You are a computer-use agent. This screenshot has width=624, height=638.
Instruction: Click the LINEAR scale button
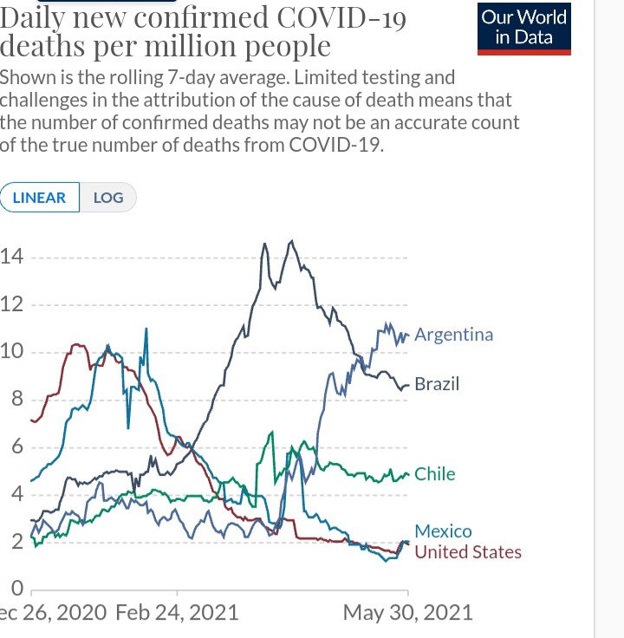[x=40, y=198]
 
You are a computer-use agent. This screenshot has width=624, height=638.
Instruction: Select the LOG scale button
[x=108, y=198]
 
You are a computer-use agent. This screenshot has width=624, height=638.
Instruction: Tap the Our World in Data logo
[x=524, y=28]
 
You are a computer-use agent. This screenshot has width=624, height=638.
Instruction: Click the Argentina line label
[x=453, y=335]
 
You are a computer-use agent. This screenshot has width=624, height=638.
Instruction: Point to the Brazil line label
[x=437, y=384]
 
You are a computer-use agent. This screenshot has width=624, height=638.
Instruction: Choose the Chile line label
[x=434, y=474]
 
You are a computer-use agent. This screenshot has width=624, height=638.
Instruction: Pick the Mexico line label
[x=443, y=531]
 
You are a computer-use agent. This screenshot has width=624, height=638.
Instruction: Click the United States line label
[x=468, y=552]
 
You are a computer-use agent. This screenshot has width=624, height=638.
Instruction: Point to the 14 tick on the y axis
[x=11, y=257]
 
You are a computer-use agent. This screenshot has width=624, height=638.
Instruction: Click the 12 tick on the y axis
[x=11, y=305]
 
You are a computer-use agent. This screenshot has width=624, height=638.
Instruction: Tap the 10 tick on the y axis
[x=11, y=353]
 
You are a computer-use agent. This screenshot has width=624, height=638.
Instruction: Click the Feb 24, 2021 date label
[x=177, y=613]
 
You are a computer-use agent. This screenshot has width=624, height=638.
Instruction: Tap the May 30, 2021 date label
[x=408, y=613]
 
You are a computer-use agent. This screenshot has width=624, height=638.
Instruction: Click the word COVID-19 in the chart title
[x=344, y=18]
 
